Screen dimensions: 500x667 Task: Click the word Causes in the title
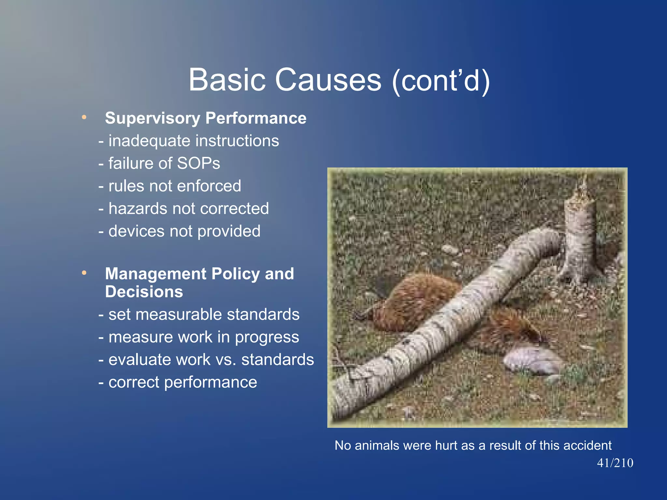[x=328, y=80]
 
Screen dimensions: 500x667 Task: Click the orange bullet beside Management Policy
[x=84, y=273]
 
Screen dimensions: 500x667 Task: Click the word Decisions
[x=144, y=292]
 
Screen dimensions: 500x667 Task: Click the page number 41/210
[x=615, y=463]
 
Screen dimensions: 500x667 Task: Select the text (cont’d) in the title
[x=441, y=80]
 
